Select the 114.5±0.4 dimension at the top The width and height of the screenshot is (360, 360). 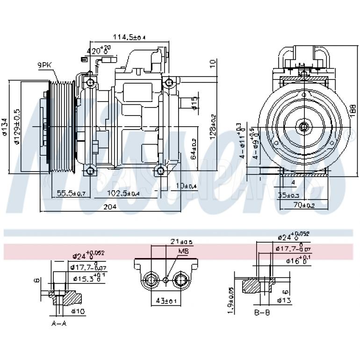[129, 37]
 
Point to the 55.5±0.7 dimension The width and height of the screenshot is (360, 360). [71, 193]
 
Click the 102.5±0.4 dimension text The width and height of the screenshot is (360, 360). [123, 193]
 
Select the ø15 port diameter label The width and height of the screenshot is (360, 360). [195, 104]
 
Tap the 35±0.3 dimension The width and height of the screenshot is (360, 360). [288, 195]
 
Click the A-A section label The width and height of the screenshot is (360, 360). [58, 324]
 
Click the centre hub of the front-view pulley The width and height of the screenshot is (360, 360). [304, 126]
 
